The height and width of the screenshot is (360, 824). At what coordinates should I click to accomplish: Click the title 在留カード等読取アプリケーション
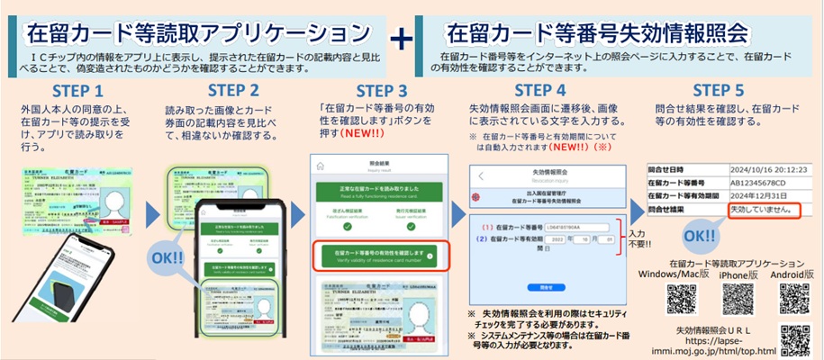pos(199,33)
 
